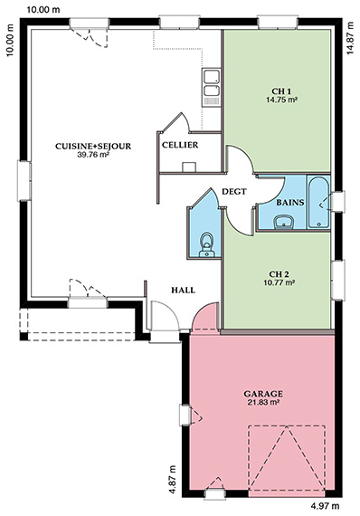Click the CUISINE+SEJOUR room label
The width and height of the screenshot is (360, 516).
(x=93, y=146)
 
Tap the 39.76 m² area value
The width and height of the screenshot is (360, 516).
(x=93, y=154)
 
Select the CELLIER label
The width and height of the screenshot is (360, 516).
(x=180, y=145)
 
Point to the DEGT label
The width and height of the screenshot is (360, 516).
(x=234, y=191)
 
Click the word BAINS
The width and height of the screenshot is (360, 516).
(x=290, y=203)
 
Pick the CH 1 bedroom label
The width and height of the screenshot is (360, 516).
(x=281, y=91)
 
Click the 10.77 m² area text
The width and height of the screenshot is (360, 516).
(x=279, y=282)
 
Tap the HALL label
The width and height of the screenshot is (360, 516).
(x=183, y=290)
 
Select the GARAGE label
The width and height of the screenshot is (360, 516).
(x=263, y=394)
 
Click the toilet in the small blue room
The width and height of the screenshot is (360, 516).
(x=207, y=245)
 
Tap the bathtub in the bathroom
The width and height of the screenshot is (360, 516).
(x=318, y=202)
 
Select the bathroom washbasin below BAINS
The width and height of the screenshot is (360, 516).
(x=283, y=222)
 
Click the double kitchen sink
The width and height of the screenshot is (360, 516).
(x=211, y=88)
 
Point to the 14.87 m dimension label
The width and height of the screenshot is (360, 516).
(x=350, y=37)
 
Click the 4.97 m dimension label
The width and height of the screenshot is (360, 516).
(x=325, y=505)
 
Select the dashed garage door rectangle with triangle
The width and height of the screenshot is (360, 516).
(x=287, y=460)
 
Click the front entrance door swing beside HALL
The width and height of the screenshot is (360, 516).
(x=165, y=315)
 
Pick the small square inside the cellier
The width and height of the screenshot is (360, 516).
(x=189, y=167)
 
